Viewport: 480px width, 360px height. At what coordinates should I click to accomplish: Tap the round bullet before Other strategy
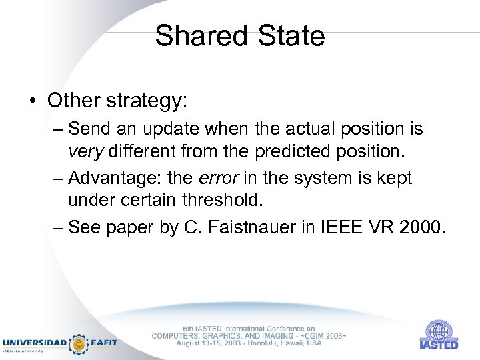click(33, 101)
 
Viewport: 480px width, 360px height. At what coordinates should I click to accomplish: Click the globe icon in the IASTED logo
click(439, 330)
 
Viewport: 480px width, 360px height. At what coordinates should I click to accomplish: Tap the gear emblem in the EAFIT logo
click(79, 343)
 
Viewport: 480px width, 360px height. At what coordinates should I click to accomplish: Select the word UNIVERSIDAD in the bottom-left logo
click(35, 343)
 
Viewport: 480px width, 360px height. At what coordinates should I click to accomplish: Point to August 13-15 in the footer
click(199, 343)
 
